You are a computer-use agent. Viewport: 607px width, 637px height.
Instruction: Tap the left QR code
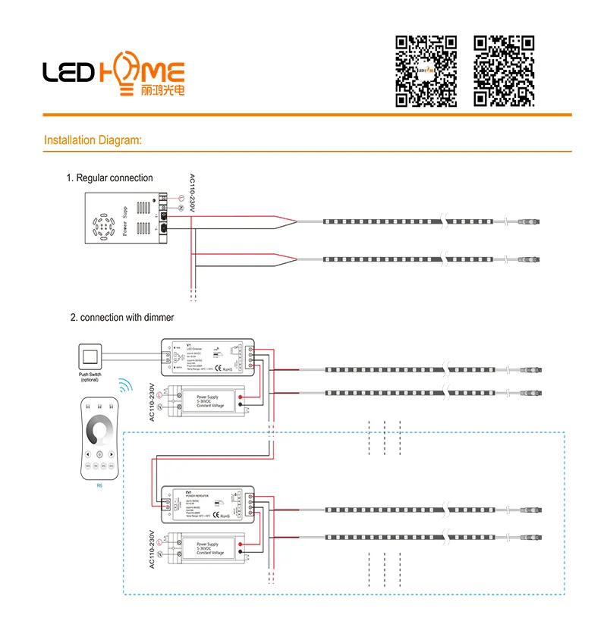(x=426, y=71)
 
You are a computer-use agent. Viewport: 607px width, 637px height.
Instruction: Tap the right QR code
(x=505, y=71)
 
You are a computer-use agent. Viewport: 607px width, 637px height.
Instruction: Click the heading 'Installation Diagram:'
(x=93, y=140)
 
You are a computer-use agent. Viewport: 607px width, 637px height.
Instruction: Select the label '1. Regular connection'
(x=109, y=178)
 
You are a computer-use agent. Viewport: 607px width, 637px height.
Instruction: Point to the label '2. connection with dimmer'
(x=122, y=318)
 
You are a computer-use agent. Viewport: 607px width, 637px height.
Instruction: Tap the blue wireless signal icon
(x=124, y=387)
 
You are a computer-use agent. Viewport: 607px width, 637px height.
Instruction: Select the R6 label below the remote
(x=99, y=484)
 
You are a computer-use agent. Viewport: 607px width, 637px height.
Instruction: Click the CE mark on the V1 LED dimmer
(x=215, y=370)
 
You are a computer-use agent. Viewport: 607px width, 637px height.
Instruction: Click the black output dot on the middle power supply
(x=241, y=408)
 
